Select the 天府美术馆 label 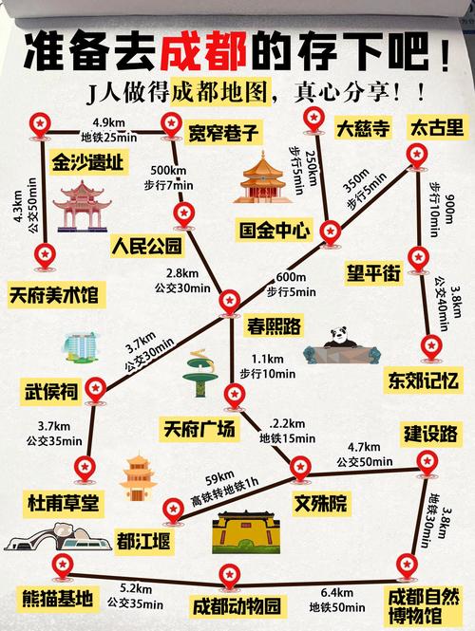55,291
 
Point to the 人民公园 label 145,248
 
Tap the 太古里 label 436,128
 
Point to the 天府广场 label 199,431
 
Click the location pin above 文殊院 300,465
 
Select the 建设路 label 430,434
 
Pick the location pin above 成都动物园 228,574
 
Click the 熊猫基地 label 58,598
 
